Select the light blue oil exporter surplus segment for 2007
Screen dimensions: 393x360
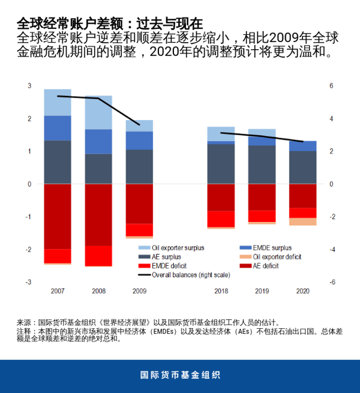click(58, 103)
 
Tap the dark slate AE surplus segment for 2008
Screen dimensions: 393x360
click(98, 169)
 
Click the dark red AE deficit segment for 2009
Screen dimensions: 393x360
click(139, 204)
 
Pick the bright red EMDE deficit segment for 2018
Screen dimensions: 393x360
click(221, 219)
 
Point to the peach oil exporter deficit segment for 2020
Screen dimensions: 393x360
click(302, 221)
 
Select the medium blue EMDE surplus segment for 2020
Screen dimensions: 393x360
click(302, 146)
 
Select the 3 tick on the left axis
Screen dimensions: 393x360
click(29, 86)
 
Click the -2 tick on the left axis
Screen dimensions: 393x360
click(28, 249)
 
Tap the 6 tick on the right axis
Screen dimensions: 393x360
click(330, 86)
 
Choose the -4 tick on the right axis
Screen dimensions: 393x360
click(331, 249)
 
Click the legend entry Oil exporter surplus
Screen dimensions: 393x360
click(178, 247)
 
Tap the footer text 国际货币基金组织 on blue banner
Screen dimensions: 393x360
click(180, 375)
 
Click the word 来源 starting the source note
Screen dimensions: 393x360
click(23, 322)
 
